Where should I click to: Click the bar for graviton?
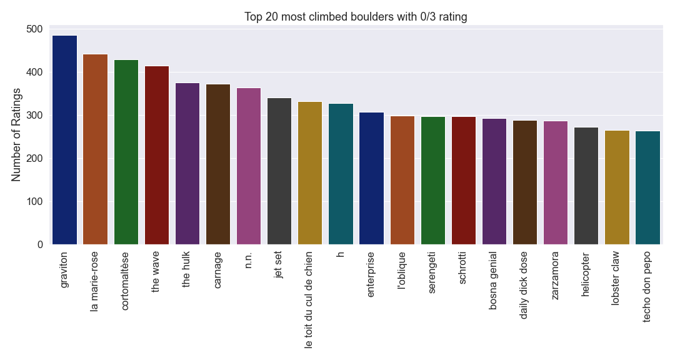pyautogui.click(x=65, y=140)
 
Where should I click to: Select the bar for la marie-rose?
pyautogui.click(x=96, y=149)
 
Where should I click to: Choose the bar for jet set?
pyautogui.click(x=279, y=171)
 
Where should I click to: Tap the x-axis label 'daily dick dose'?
pyautogui.click(x=524, y=285)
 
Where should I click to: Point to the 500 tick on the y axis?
pyautogui.click(x=34, y=29)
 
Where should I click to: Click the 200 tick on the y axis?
pyautogui.click(x=34, y=159)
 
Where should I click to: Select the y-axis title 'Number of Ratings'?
pyautogui.click(x=17, y=135)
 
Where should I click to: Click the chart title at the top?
pyautogui.click(x=356, y=17)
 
